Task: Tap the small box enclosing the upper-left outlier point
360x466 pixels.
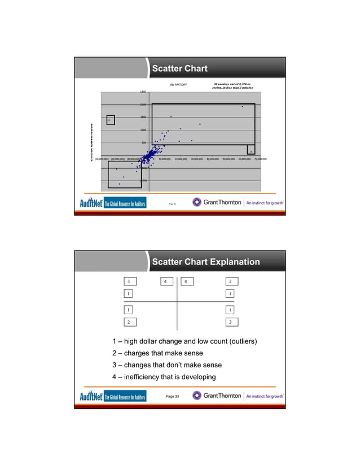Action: [x=111, y=120]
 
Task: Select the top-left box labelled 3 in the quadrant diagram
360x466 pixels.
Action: [x=130, y=281]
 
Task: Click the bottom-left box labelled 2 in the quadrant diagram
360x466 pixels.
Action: [x=130, y=322]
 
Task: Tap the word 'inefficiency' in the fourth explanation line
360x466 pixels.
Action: [x=146, y=377]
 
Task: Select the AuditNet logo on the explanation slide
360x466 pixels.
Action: [x=112, y=396]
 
